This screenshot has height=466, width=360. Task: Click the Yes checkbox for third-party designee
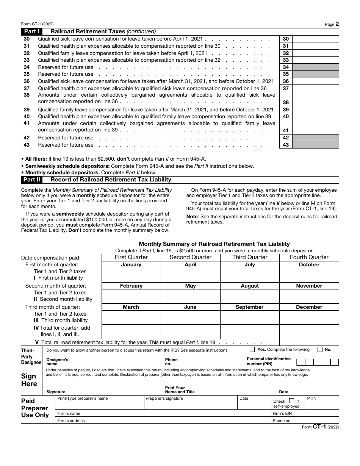pyautogui.click(x=252, y=349)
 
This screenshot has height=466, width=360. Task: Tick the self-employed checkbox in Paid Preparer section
pyautogui.click(x=291, y=401)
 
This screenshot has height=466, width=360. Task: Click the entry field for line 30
pyautogui.click(x=315, y=39)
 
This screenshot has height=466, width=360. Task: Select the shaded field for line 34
pyautogui.click(x=315, y=67)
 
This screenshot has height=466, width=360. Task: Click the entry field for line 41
pyautogui.click(x=315, y=127)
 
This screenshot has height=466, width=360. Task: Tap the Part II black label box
pyautogui.click(x=32, y=180)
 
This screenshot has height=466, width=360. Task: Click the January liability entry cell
pyautogui.click(x=131, y=275)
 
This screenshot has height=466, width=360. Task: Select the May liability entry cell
pyautogui.click(x=191, y=296)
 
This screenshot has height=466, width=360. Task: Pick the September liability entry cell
pyautogui.click(x=250, y=317)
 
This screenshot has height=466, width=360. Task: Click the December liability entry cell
pyautogui.click(x=309, y=317)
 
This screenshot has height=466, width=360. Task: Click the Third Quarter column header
pyautogui.click(x=250, y=257)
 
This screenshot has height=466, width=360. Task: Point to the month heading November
pyautogui.click(x=309, y=286)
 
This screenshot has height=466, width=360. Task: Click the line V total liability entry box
pyautogui.click(x=309, y=342)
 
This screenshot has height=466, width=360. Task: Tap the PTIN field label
pyautogui.click(x=311, y=398)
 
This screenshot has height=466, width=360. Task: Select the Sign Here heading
pyautogui.click(x=29, y=380)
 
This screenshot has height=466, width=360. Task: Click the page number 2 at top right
pyautogui.click(x=337, y=24)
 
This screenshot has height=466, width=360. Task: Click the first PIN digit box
pyautogui.click(x=301, y=362)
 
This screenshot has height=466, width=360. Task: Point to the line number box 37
pyautogui.click(x=286, y=88)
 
